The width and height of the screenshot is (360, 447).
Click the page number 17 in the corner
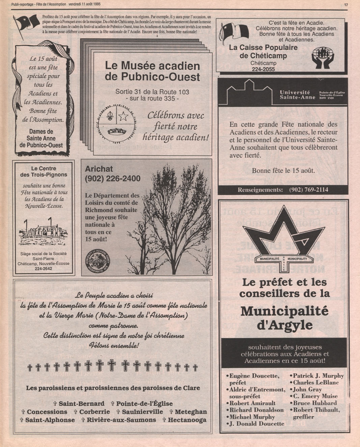click(346, 5)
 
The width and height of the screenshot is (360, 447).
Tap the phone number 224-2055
click(263, 69)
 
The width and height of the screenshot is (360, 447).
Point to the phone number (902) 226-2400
click(113, 178)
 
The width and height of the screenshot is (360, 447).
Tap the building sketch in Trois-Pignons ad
click(43, 231)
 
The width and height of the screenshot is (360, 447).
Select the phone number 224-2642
click(44, 269)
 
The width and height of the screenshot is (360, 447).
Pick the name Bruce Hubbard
click(315, 403)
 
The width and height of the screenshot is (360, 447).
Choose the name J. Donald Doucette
click(257, 424)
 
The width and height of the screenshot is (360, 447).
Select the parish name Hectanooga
click(187, 420)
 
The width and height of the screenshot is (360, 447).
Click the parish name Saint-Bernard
click(81, 403)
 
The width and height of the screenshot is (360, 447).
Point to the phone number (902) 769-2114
click(308, 190)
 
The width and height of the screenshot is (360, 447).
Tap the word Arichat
click(99, 169)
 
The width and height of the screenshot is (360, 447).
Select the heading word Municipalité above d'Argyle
click(284, 311)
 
